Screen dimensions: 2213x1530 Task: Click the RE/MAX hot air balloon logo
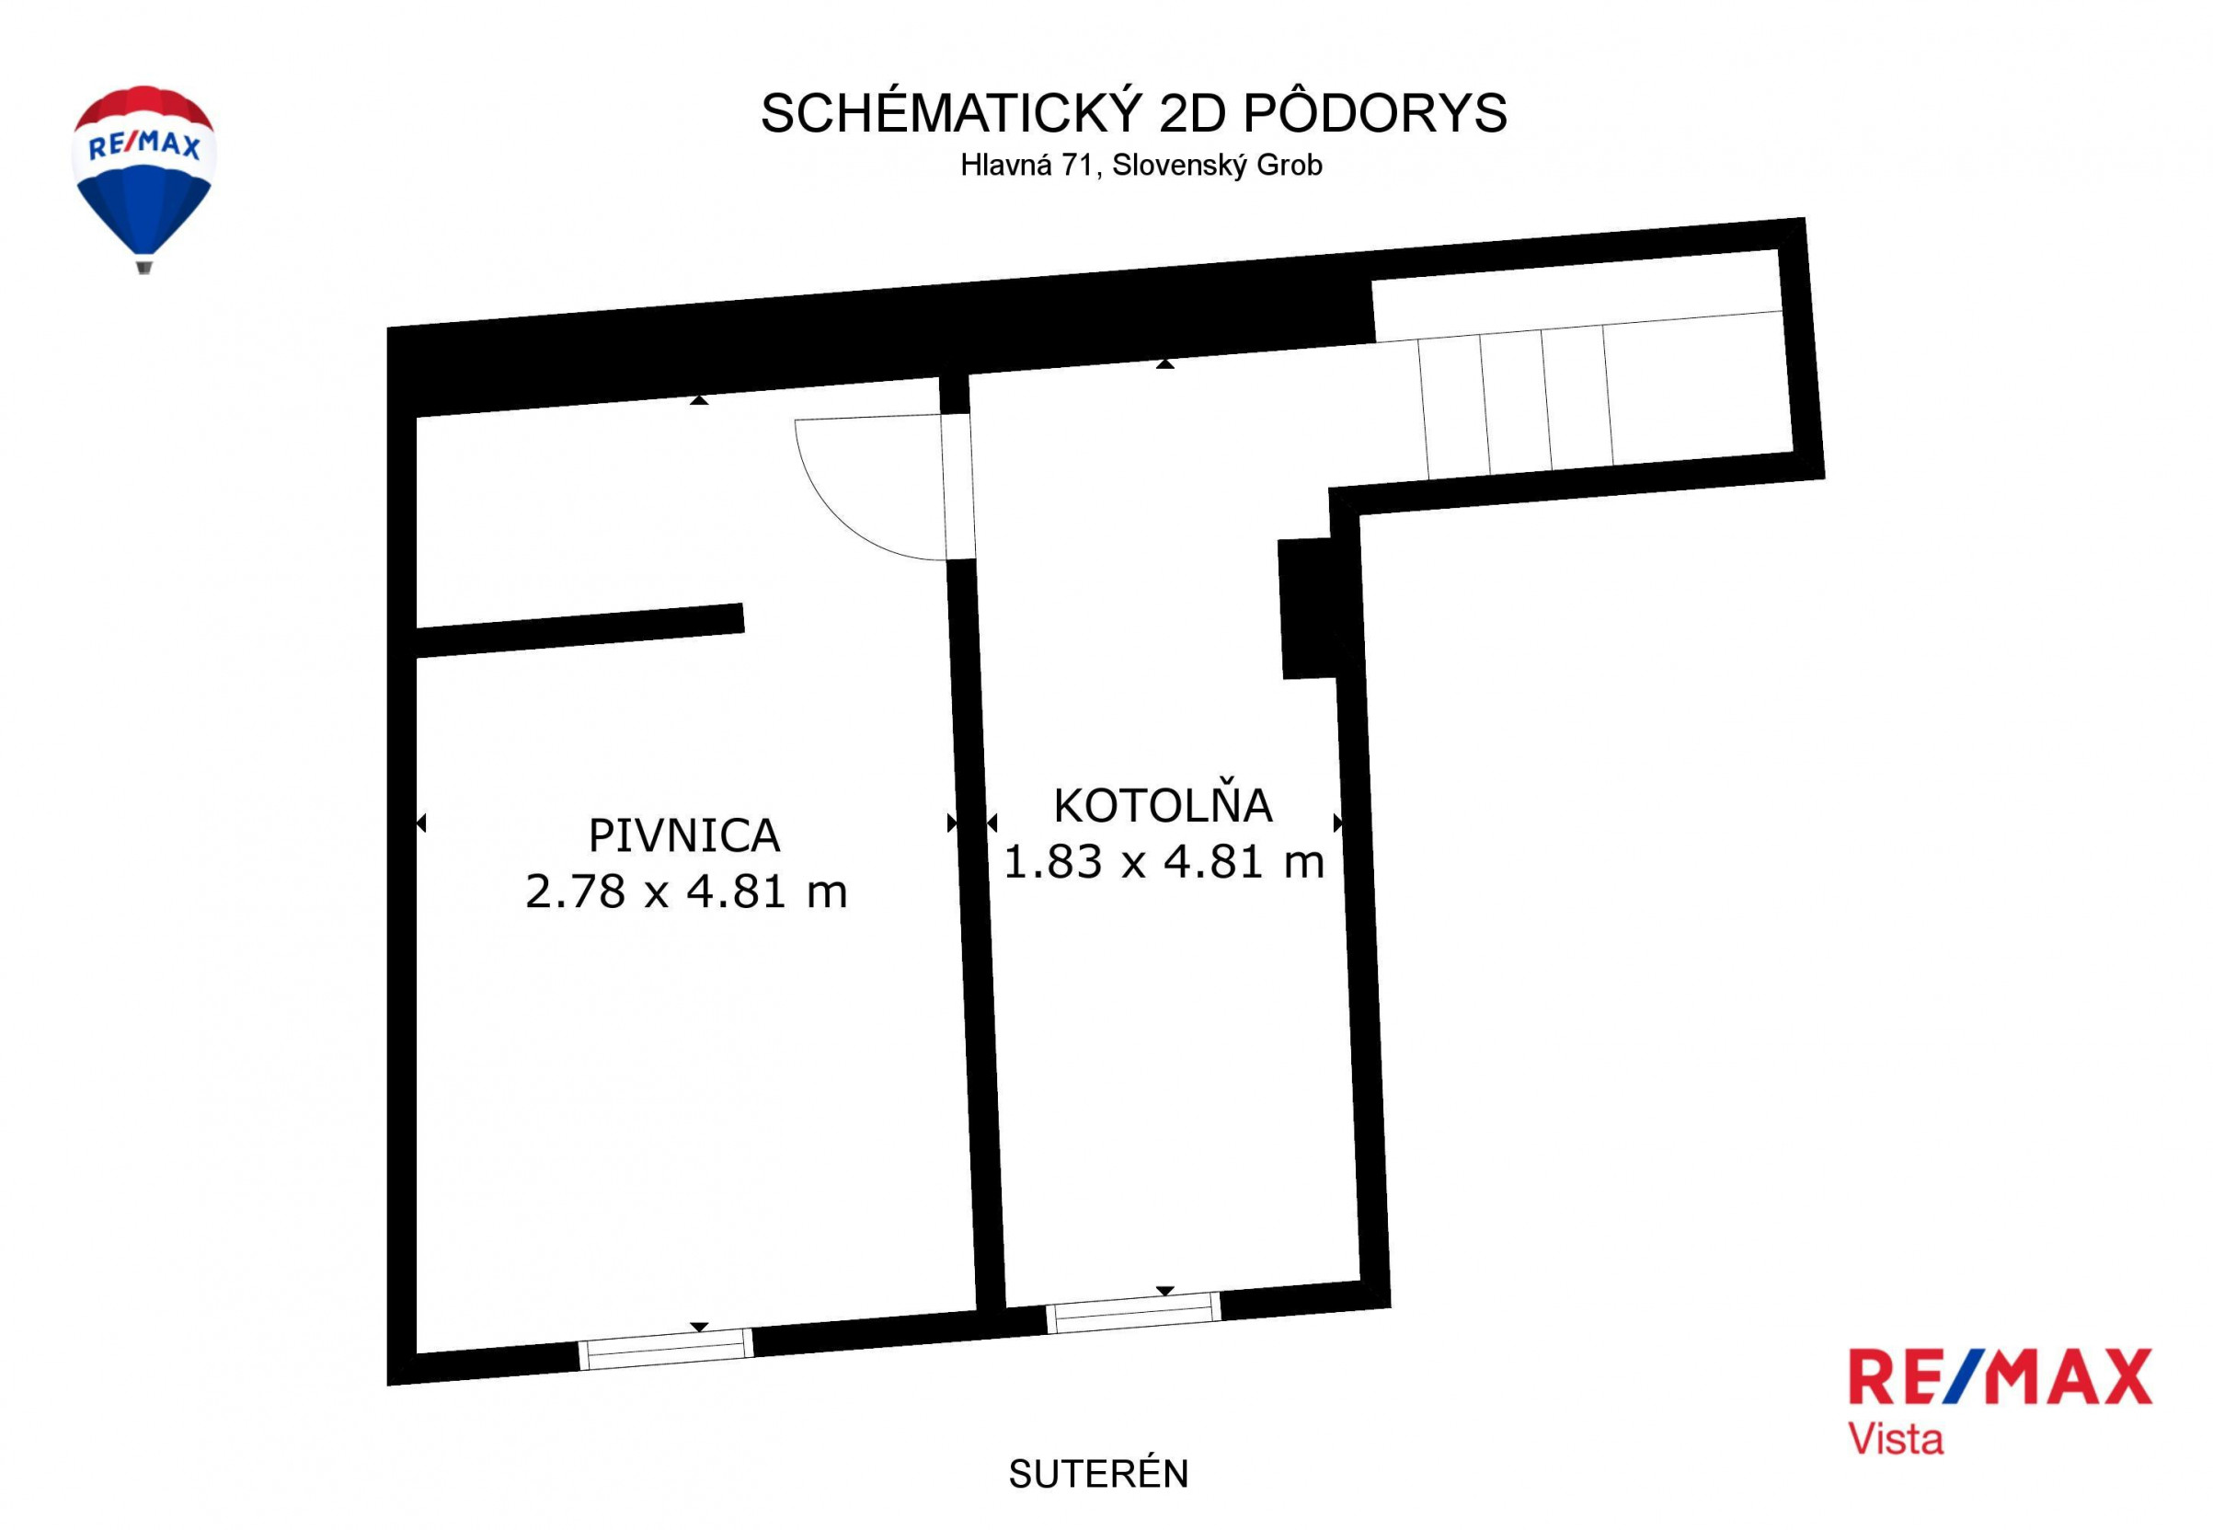point(143,178)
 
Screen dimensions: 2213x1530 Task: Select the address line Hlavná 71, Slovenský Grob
point(1141,165)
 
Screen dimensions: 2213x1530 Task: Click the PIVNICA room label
point(684,835)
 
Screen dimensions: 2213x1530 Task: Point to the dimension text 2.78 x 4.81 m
point(686,892)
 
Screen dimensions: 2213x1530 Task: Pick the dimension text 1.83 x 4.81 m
point(1164,861)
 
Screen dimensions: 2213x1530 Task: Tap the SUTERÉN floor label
point(1098,1474)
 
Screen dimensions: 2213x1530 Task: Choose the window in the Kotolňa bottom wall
point(1134,1312)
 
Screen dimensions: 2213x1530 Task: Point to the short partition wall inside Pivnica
point(579,630)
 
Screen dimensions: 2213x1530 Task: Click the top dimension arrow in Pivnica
point(700,398)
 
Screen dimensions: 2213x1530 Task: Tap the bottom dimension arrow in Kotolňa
point(1164,1291)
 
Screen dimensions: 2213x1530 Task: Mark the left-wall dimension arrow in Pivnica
point(420,823)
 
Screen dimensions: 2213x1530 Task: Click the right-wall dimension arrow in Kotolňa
point(1338,823)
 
